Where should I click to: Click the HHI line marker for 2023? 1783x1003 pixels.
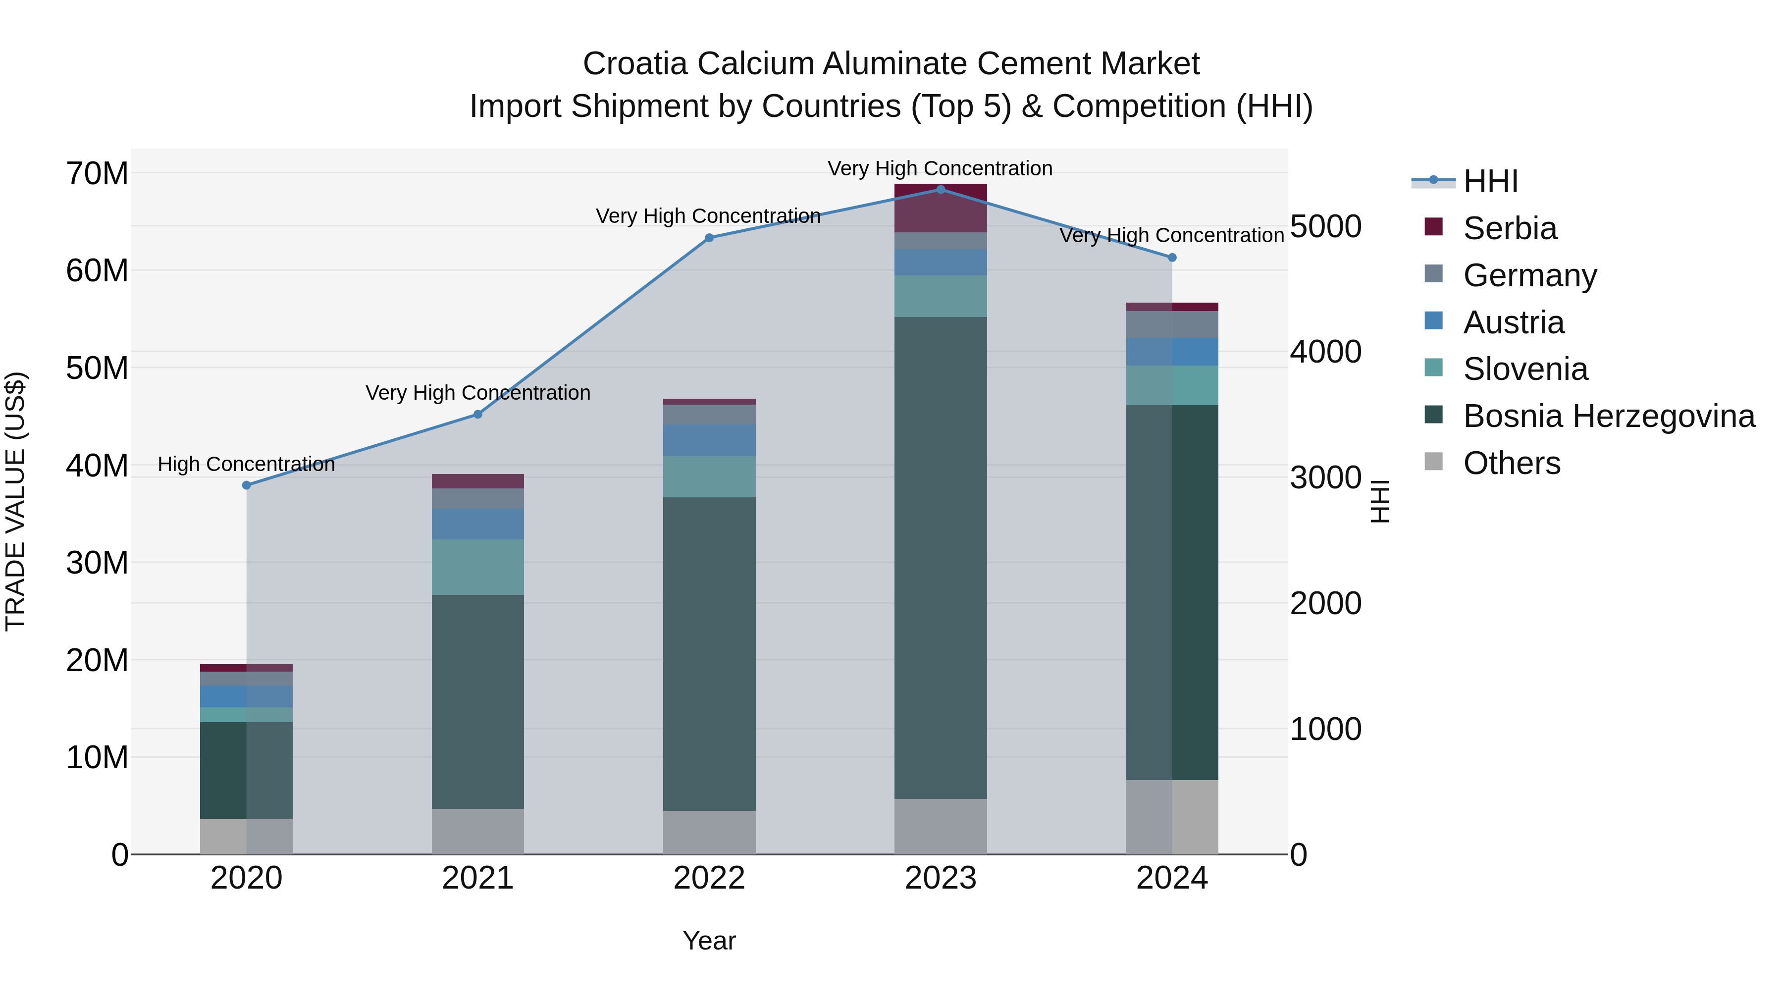coord(940,189)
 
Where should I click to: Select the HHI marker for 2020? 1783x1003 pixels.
coord(247,485)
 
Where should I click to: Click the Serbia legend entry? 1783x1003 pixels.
coord(1510,228)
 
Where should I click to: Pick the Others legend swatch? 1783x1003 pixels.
coord(1433,462)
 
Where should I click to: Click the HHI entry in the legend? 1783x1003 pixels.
coord(1490,181)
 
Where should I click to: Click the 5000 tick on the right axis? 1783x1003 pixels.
coord(1325,226)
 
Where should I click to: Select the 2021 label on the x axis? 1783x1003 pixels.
coord(477,878)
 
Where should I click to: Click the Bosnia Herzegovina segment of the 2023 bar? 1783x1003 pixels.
coord(940,557)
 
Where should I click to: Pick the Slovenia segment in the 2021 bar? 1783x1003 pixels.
coord(477,567)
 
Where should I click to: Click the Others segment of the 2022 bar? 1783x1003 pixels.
coord(709,832)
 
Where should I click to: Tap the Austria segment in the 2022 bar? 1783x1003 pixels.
coord(709,440)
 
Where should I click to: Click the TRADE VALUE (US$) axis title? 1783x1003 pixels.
coord(15,501)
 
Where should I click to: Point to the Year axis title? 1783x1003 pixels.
coord(709,941)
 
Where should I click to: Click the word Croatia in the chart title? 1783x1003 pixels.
coord(635,64)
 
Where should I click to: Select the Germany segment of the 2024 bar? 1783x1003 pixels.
coord(1172,324)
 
